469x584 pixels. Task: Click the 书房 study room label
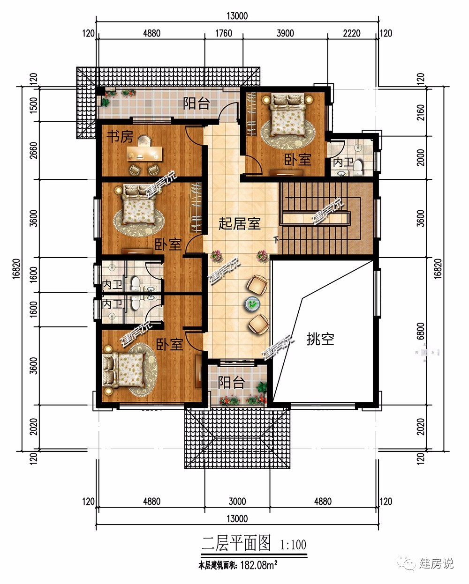(x=120, y=136)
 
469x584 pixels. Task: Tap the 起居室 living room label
(x=239, y=223)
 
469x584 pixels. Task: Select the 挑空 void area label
(x=320, y=339)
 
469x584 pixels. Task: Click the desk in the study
(x=144, y=154)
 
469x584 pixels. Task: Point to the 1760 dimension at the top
(x=224, y=33)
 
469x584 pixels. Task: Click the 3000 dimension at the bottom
(x=237, y=501)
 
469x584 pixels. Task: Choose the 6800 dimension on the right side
(x=420, y=331)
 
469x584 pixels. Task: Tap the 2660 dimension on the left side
(x=33, y=150)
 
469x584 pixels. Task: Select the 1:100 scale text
(x=293, y=545)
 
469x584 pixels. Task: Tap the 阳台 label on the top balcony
(x=196, y=103)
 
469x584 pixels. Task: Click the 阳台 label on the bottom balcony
(x=231, y=382)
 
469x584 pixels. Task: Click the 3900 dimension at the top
(x=285, y=33)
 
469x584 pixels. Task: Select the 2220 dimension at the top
(x=352, y=33)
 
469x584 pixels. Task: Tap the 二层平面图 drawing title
(x=236, y=543)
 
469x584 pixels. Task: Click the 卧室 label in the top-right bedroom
(x=297, y=160)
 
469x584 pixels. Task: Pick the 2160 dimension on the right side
(x=420, y=112)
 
